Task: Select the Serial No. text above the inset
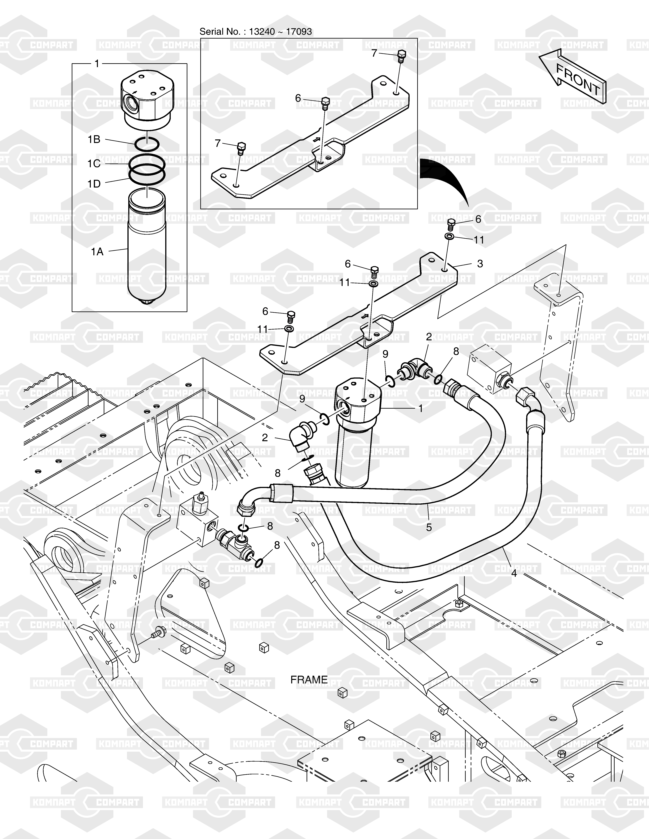pyautogui.click(x=255, y=31)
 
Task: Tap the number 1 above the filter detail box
pyautogui.click(x=97, y=63)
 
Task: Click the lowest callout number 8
pyautogui.click(x=277, y=545)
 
